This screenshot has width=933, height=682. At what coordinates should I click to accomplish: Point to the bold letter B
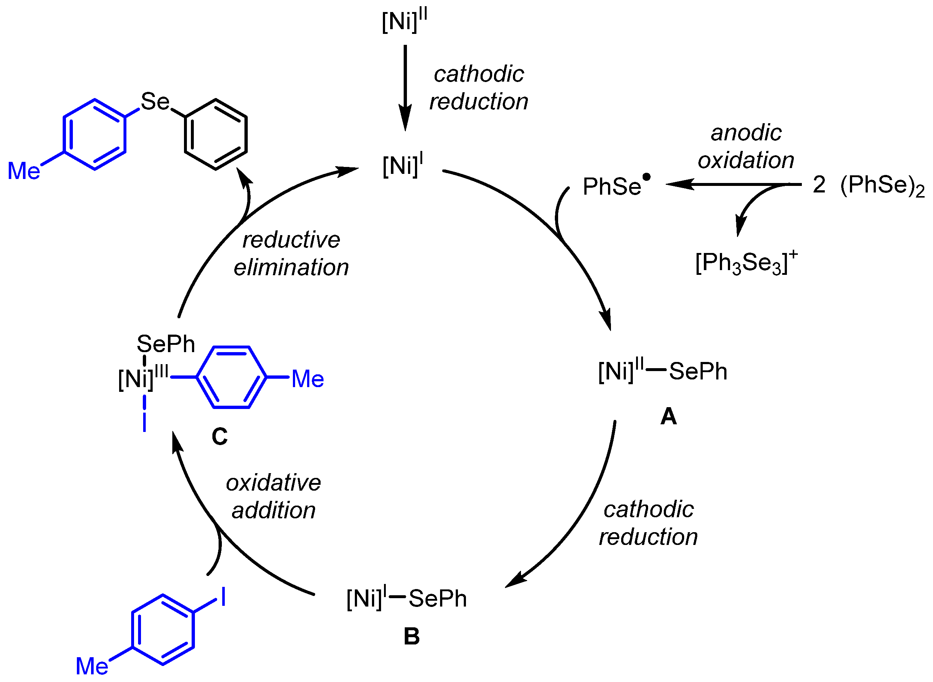tap(411, 636)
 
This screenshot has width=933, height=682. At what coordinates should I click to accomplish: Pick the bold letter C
tap(220, 436)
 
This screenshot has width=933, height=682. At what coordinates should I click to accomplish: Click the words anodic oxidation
tap(746, 146)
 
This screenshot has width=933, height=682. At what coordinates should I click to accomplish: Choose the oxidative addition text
tap(273, 496)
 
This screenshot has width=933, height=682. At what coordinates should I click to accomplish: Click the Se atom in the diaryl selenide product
tap(155, 102)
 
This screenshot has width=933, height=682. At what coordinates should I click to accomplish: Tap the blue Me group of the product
tap(24, 171)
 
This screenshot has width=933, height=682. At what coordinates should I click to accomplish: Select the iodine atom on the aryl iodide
tap(223, 597)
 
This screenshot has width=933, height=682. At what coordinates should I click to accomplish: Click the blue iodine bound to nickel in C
tap(144, 422)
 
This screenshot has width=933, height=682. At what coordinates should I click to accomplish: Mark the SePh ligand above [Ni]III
tap(165, 344)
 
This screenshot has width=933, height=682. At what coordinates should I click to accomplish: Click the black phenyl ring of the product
tap(215, 134)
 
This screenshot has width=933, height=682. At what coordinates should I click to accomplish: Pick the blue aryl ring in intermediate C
tap(231, 377)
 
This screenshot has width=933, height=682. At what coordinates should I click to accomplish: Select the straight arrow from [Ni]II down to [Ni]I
tap(405, 87)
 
